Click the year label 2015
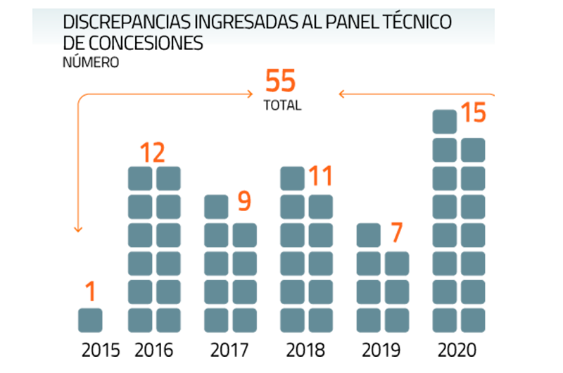tap(101, 350)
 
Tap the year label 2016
tap(153, 350)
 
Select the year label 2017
tap(230, 350)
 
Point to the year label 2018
tap(306, 350)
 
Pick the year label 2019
tap(381, 350)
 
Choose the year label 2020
tap(457, 350)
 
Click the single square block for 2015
tap(90, 320)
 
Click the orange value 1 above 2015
tap(90, 290)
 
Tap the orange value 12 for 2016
tap(154, 153)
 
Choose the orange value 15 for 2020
tap(473, 113)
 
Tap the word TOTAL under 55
tap(282, 106)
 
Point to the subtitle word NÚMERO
tap(91, 62)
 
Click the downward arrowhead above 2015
tap(79, 229)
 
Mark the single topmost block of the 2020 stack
tap(444, 122)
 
